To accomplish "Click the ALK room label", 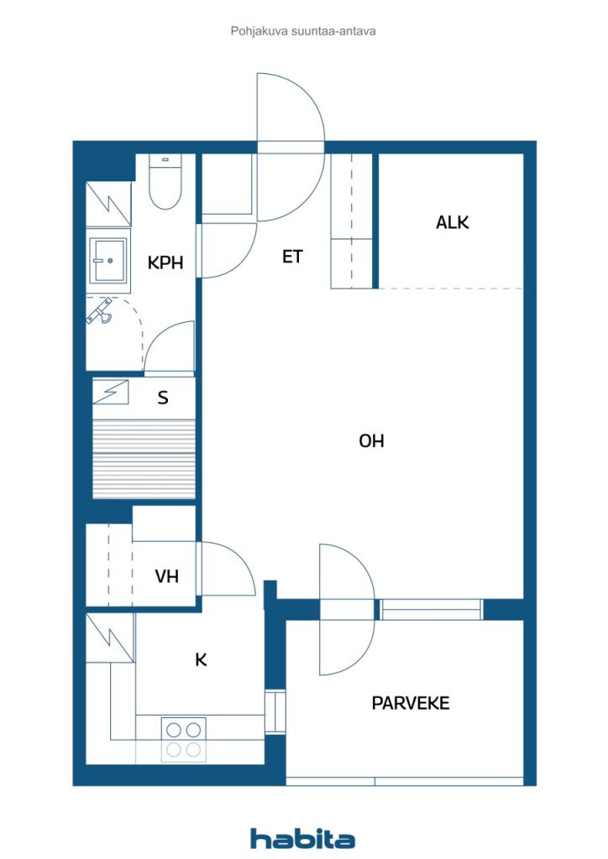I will (x=452, y=222).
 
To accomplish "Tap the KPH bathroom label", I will (x=165, y=263).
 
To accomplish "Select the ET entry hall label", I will (x=291, y=257).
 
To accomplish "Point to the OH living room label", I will (x=371, y=440).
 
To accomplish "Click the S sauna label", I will (x=163, y=398).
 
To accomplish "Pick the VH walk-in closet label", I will (x=166, y=576).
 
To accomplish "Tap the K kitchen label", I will (x=201, y=660).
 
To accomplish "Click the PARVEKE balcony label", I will (x=411, y=703).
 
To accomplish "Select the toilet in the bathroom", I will (x=165, y=184).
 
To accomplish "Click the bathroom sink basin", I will (x=108, y=260).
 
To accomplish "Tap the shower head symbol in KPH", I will (x=102, y=311).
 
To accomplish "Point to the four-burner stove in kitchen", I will (x=183, y=739).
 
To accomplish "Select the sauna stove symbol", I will (x=112, y=391).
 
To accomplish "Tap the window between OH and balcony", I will (x=431, y=610).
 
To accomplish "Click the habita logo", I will (x=302, y=838).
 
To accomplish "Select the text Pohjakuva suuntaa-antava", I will (x=302, y=31).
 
